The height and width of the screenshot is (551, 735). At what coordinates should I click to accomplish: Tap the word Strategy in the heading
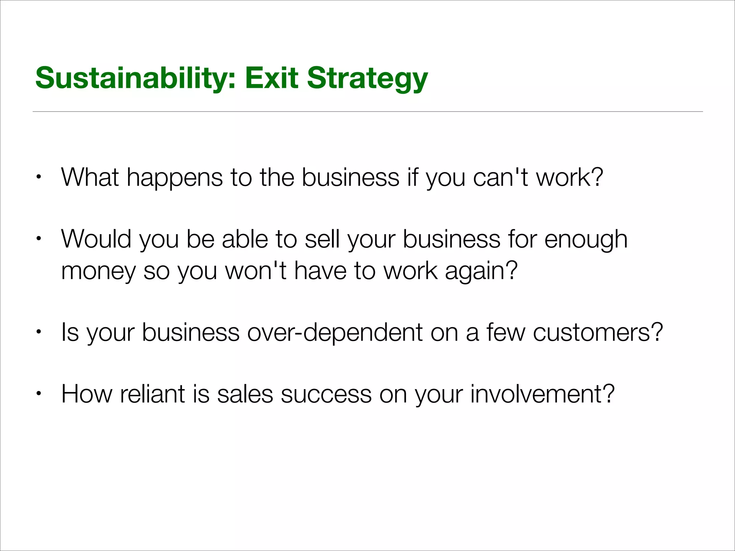pos(367,79)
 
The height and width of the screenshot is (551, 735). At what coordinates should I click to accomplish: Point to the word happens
pos(174,178)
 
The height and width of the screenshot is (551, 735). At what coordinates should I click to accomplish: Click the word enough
pos(586,240)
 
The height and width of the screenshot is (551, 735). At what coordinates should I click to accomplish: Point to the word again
pos(481,272)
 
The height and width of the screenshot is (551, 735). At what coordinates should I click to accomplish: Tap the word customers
pos(597,332)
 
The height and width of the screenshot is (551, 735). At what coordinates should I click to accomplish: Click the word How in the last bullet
pos(86,394)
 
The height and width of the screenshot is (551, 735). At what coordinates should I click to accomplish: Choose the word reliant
pos(153,394)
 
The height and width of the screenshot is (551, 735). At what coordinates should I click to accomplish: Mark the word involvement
pos(542,394)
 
